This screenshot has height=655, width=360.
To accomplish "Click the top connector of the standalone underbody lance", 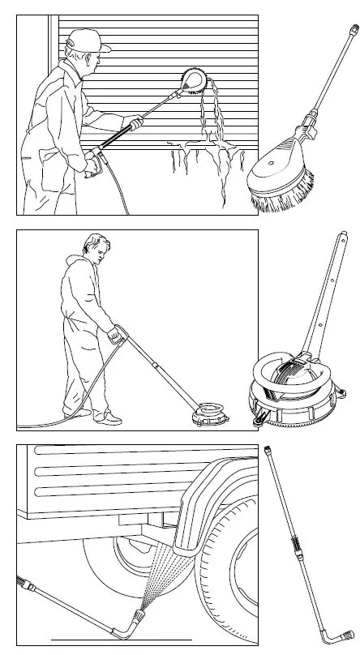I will point(271,448).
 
